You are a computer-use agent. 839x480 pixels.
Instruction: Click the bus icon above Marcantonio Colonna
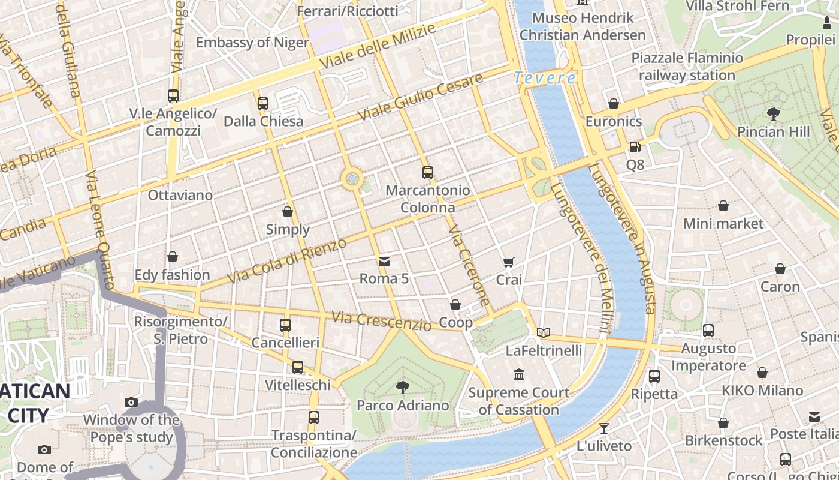point(427,173)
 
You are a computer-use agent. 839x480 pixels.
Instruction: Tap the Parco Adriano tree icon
point(403,387)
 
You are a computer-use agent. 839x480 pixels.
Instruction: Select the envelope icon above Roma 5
point(384,261)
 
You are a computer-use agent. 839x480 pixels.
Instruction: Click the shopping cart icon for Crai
point(509,262)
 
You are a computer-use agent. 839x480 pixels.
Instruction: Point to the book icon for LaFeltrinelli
point(544,332)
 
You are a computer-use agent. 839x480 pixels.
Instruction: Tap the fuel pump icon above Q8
point(635,146)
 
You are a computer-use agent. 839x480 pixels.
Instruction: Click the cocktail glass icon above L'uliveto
point(603,428)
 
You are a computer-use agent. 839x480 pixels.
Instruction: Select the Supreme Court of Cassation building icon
point(519,375)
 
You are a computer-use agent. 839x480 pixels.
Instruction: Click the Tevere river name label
point(545,78)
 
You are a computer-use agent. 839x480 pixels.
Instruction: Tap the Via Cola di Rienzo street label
point(287,262)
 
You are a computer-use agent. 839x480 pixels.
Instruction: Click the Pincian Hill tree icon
point(773,113)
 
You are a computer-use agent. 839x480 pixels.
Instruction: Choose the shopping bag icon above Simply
point(288,212)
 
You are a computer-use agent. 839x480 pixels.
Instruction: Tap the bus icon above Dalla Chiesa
point(263,103)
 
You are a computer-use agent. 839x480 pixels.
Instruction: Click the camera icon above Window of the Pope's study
point(131,402)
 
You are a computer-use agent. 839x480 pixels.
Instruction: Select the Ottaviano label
point(180,195)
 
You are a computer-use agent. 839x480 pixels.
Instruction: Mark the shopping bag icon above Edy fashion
point(173,257)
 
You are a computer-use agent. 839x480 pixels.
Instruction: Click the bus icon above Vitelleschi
point(298,367)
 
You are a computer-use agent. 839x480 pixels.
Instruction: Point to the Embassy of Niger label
point(252,43)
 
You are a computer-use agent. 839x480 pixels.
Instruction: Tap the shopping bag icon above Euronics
point(613,104)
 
